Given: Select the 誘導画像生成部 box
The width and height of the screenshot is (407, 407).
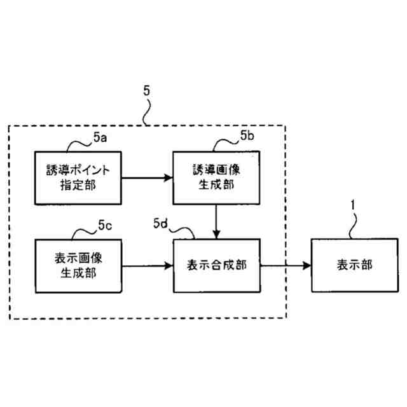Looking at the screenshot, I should click(x=217, y=177).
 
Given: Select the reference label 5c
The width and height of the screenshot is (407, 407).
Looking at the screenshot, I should click(x=105, y=224).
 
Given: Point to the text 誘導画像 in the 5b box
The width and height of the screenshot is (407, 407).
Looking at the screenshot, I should click(x=217, y=170).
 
